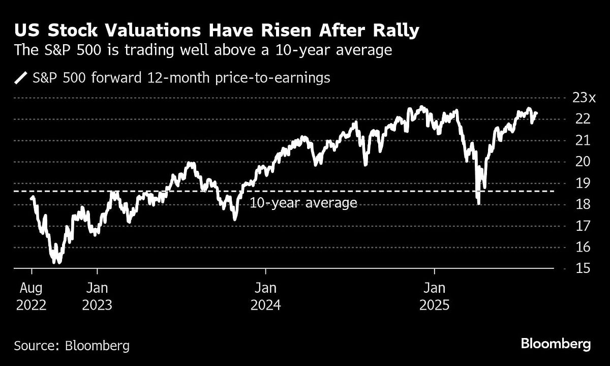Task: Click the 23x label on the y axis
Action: [579, 98]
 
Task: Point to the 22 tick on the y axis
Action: [575, 119]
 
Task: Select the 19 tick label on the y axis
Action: [575, 183]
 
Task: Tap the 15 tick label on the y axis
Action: [575, 268]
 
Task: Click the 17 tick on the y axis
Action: [575, 226]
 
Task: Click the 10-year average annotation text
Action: [303, 203]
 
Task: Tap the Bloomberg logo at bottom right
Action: [556, 344]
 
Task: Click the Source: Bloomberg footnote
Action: [72, 346]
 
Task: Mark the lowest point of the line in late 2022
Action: [59, 263]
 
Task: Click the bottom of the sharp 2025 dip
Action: [479, 204]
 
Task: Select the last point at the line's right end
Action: [537, 114]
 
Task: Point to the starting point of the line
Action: [32, 198]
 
